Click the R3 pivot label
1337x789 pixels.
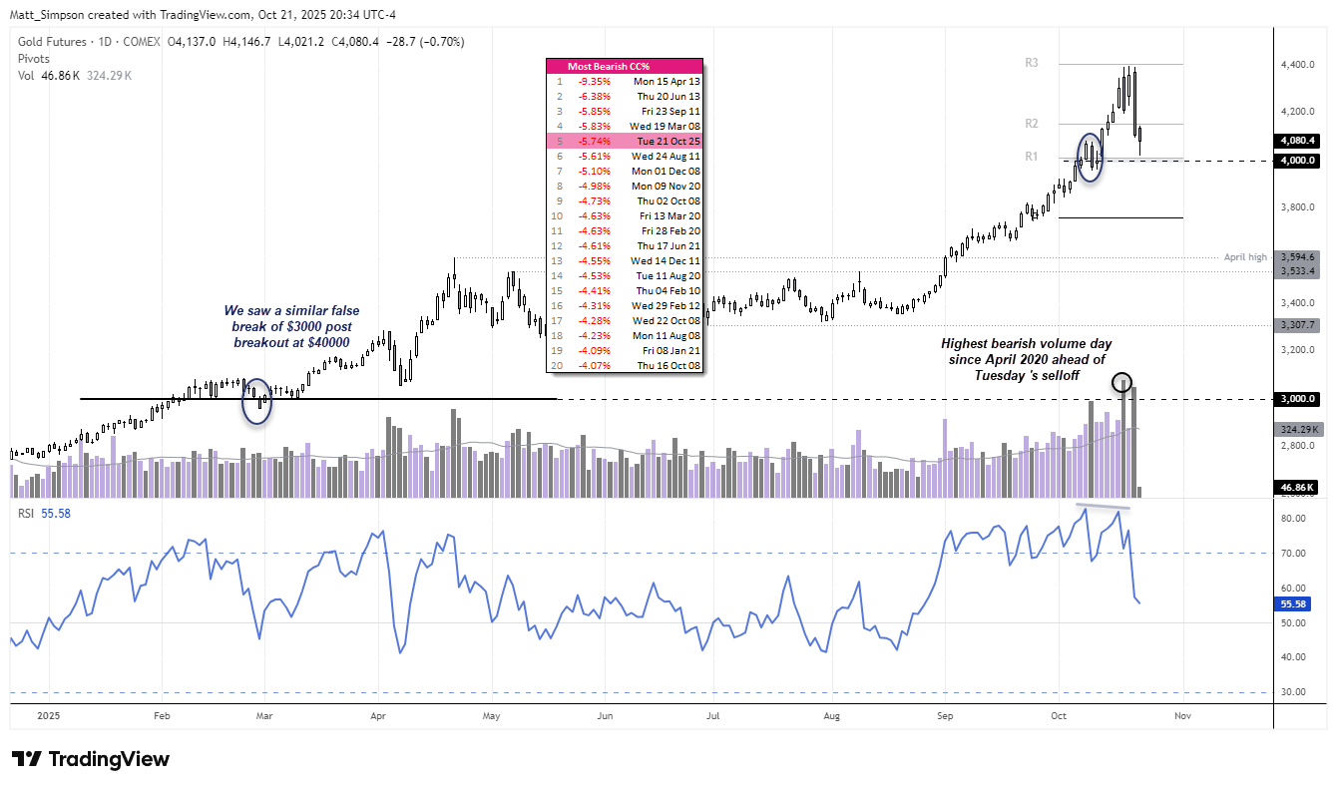(x=1032, y=63)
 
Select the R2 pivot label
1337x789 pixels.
(x=1032, y=124)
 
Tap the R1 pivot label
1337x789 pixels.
(x=1032, y=157)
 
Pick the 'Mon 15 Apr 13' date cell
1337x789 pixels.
(x=666, y=82)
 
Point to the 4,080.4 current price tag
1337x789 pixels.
(x=1298, y=141)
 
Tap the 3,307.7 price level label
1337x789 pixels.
(x=1298, y=325)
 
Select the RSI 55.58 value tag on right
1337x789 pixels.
(x=1298, y=604)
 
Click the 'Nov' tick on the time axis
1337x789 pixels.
(x=1183, y=715)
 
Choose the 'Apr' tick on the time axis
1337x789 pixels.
(x=378, y=715)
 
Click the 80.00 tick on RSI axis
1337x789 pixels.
(x=1293, y=519)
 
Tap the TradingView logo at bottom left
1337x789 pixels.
(x=91, y=759)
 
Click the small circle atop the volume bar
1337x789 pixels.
(x=1121, y=383)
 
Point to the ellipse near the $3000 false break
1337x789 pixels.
(x=257, y=401)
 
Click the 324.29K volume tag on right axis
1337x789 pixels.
(x=1298, y=430)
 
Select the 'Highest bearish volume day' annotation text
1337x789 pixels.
(x=1027, y=359)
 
